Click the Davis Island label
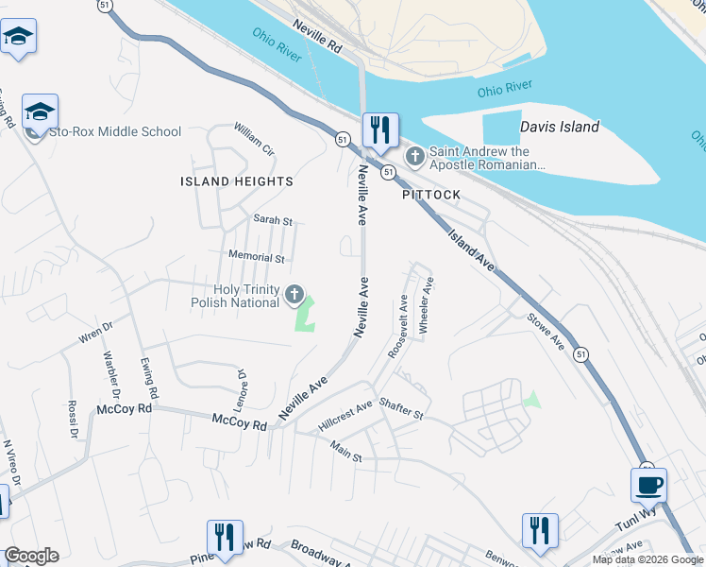point(559,127)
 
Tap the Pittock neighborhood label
point(431,195)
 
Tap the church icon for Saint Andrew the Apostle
point(413,154)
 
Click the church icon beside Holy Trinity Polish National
point(294,296)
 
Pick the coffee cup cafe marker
point(648,487)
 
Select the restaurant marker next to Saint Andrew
point(380,130)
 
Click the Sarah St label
point(273,219)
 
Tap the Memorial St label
point(257,256)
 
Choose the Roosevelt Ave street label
point(397,327)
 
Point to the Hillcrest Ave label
point(345,416)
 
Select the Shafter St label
point(401,409)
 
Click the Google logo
point(31,556)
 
